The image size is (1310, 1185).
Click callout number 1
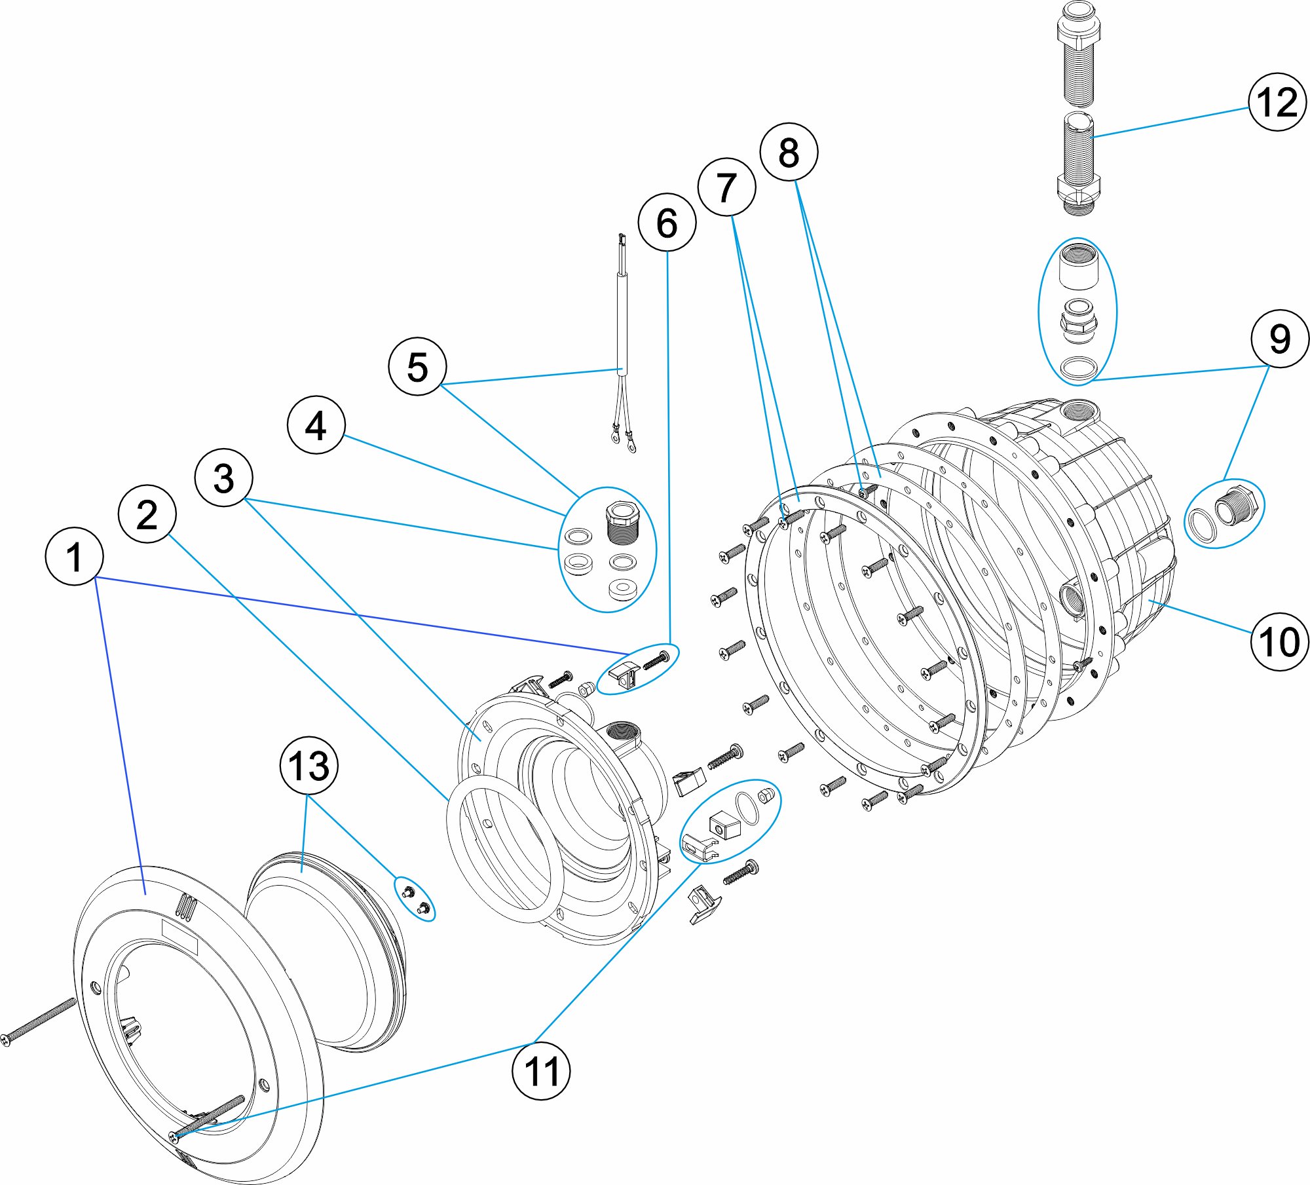(x=74, y=557)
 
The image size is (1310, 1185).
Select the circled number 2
(x=147, y=514)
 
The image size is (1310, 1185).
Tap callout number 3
(x=223, y=478)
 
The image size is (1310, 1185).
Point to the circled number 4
(x=316, y=425)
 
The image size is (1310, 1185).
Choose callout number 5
(x=417, y=366)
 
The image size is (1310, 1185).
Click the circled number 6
(x=667, y=222)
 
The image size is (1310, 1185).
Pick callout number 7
(x=726, y=187)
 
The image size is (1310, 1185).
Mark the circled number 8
(x=789, y=152)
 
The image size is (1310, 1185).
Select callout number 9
(x=1279, y=339)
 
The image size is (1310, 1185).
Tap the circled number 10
(x=1279, y=641)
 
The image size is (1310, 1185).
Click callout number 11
(x=541, y=1071)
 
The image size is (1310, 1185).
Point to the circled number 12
(x=1277, y=102)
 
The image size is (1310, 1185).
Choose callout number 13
(x=309, y=766)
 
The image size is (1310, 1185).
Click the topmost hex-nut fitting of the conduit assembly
(x=1079, y=31)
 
